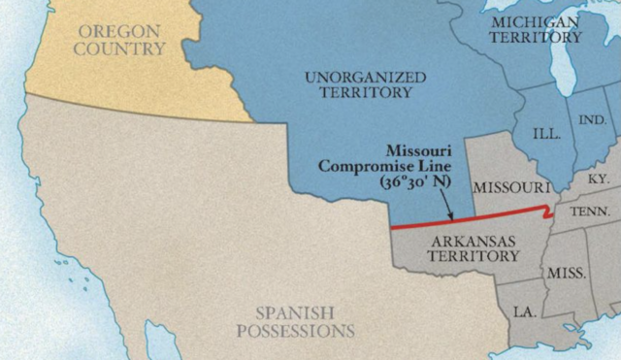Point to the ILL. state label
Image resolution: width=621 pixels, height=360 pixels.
coord(547,133)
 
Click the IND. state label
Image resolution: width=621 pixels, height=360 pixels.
coord(591,119)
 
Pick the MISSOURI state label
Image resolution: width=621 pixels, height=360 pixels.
coord(508,186)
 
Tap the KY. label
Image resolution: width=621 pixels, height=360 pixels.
coord(599,180)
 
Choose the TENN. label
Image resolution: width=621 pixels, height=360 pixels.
coord(590,212)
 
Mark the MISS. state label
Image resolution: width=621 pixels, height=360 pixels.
coord(566,274)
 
